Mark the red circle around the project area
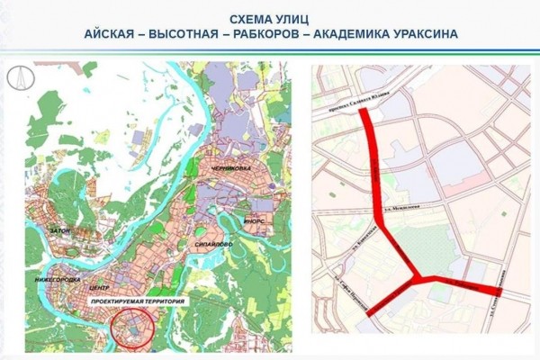[132, 329]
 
